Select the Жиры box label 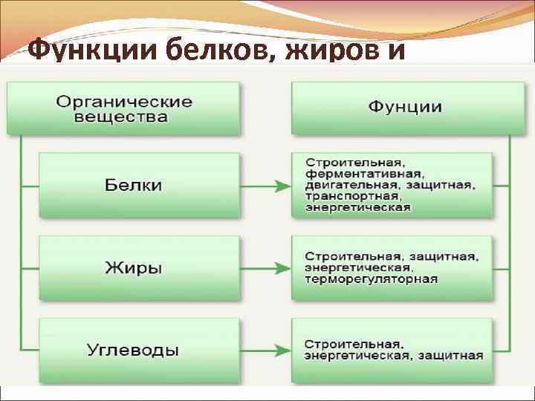[134, 267]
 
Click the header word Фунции [405, 107]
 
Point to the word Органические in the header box [124, 102]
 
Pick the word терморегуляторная [371, 279]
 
